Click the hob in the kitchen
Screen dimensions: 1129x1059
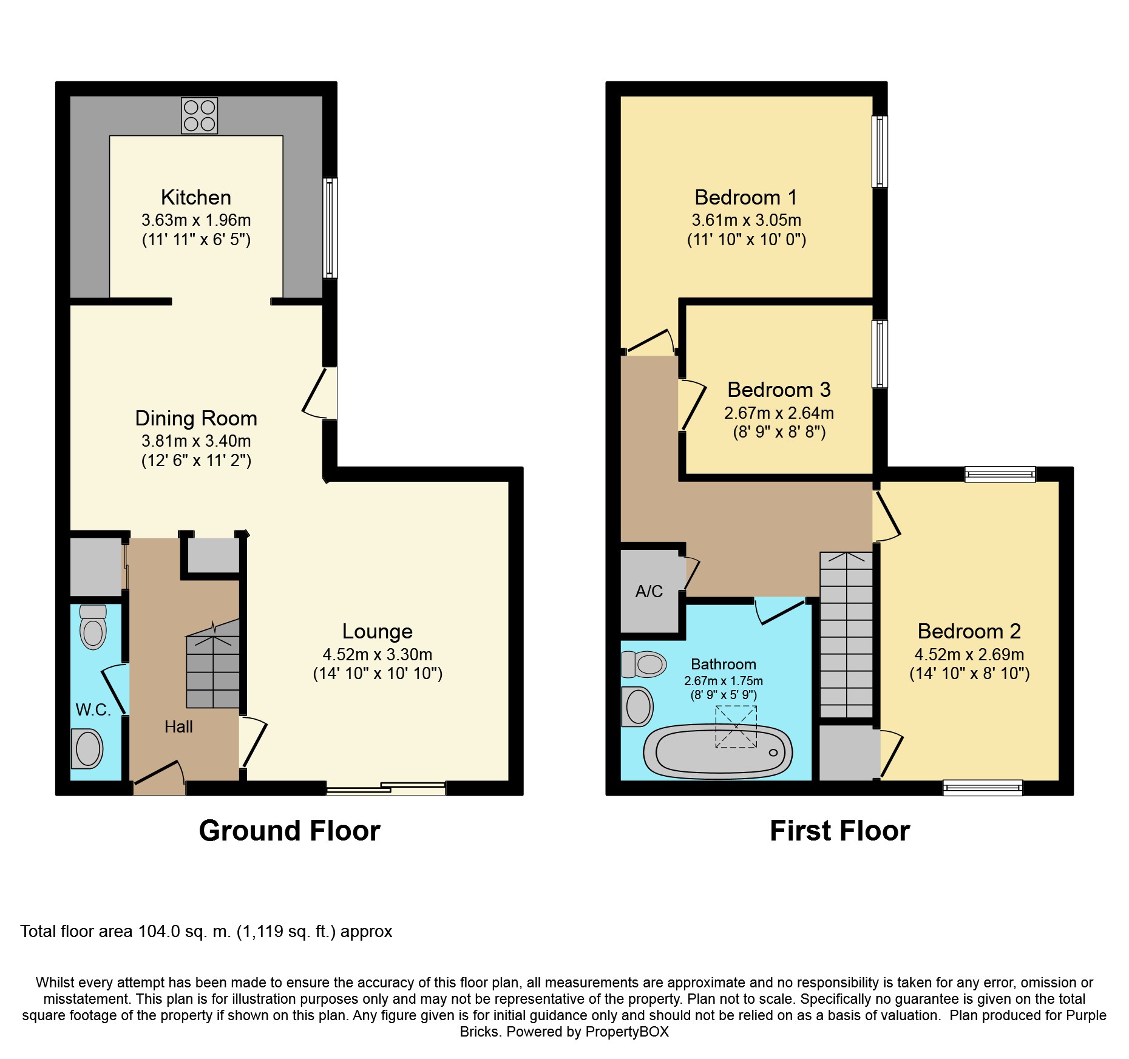[199, 115]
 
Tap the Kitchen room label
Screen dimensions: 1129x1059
[196, 197]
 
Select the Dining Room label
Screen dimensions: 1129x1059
[196, 418]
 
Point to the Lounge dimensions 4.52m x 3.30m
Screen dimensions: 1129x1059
[378, 654]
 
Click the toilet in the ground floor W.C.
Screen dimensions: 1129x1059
[93, 627]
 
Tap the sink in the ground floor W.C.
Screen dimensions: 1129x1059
[87, 748]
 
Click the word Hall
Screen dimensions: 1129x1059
[178, 726]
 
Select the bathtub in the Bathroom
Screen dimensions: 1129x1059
[718, 751]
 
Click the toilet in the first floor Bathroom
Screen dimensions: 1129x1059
[645, 665]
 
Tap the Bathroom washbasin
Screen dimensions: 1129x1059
[637, 706]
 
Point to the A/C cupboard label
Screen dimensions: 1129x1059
[649, 591]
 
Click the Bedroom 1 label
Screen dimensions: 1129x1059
[746, 197]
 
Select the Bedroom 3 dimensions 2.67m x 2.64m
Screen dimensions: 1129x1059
[779, 413]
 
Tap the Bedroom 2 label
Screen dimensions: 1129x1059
[969, 631]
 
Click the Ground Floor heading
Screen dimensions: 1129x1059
[290, 831]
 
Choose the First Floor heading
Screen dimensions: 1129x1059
[840, 831]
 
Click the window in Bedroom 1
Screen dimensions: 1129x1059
[880, 151]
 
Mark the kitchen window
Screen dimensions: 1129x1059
[330, 228]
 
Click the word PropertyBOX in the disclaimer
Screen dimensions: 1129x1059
[627, 1032]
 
